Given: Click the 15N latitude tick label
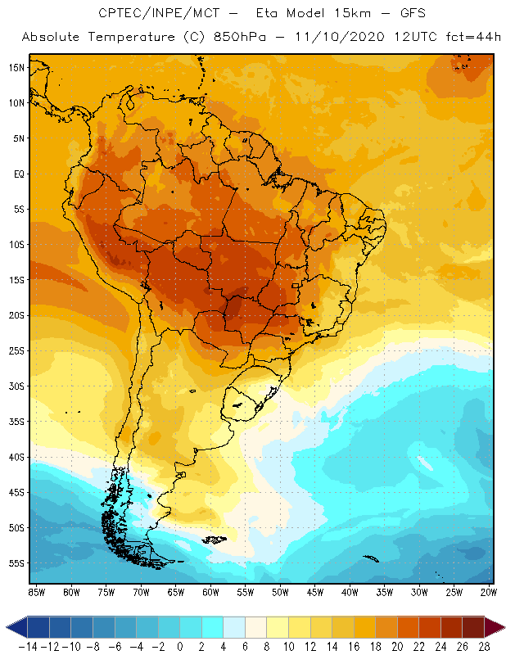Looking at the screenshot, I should pyautogui.click(x=16, y=67).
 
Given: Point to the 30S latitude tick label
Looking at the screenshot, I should pyautogui.click(x=16, y=386).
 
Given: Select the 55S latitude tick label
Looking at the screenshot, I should pyautogui.click(x=16, y=563).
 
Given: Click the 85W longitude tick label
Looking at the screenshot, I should pyautogui.click(x=36, y=591).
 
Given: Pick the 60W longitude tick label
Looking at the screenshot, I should pyautogui.click(x=210, y=591).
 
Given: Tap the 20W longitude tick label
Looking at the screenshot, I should pyautogui.click(x=490, y=591).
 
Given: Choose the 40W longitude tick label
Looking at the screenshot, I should pyautogui.click(x=350, y=591).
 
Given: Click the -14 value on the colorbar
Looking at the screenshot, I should pyautogui.click(x=27, y=646).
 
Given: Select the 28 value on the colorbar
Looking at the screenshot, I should pyautogui.click(x=483, y=646).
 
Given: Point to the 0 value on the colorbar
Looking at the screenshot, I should pyautogui.click(x=179, y=646).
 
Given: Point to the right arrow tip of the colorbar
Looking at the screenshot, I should pyautogui.click(x=499, y=627).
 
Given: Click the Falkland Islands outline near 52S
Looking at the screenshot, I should pyautogui.click(x=215, y=539).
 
